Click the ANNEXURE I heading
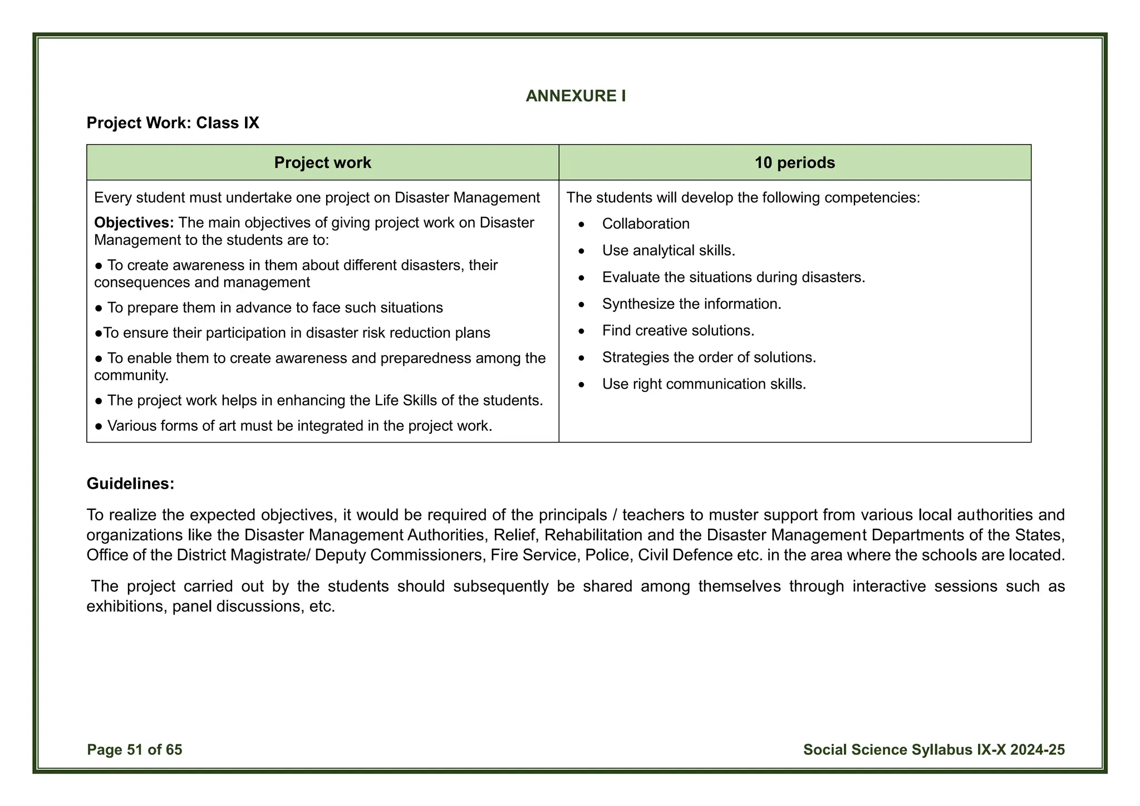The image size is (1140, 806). tap(576, 96)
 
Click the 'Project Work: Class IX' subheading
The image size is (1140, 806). tap(173, 122)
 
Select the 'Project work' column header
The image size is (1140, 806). tap(322, 163)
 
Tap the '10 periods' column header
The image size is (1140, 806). tap(794, 163)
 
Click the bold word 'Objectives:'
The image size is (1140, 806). tap(134, 223)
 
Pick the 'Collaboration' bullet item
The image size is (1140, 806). tap(645, 224)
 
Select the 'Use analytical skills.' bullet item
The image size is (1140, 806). tap(668, 250)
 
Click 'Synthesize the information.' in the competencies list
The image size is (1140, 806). tap(691, 304)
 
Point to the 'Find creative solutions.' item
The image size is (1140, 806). tap(678, 331)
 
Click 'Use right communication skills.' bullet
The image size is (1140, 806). tap(704, 384)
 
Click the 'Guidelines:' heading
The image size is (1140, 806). tap(130, 483)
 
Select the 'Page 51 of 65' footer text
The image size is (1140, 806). tap(135, 750)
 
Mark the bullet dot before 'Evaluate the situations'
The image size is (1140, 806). tap(582, 278)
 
